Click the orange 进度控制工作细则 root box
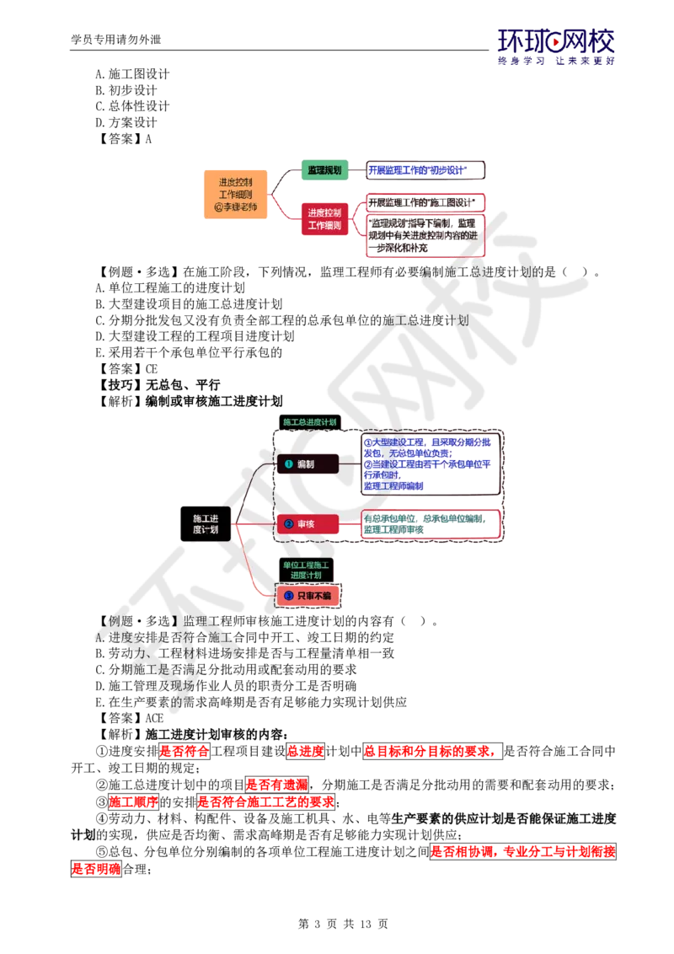pyautogui.click(x=236, y=195)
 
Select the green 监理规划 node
pyautogui.click(x=324, y=170)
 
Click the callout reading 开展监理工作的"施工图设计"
pyautogui.click(x=425, y=202)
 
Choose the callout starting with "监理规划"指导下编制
pyautogui.click(x=425, y=236)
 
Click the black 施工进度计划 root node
pyautogui.click(x=205, y=524)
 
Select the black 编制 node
pyautogui.click(x=308, y=464)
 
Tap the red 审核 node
pyautogui.click(x=308, y=524)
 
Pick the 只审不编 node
pyautogui.click(x=308, y=596)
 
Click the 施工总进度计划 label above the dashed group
pyautogui.click(x=309, y=421)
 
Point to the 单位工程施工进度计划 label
pyautogui.click(x=307, y=569)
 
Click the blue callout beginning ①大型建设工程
pyautogui.click(x=430, y=464)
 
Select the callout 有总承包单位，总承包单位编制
pyautogui.click(x=430, y=524)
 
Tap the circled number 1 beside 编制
pyautogui.click(x=287, y=464)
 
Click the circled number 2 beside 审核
pyautogui.click(x=287, y=524)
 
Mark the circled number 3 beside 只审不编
pyautogui.click(x=287, y=596)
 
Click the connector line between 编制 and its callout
pyautogui.click(x=349, y=464)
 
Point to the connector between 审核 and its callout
pyautogui.click(x=349, y=524)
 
